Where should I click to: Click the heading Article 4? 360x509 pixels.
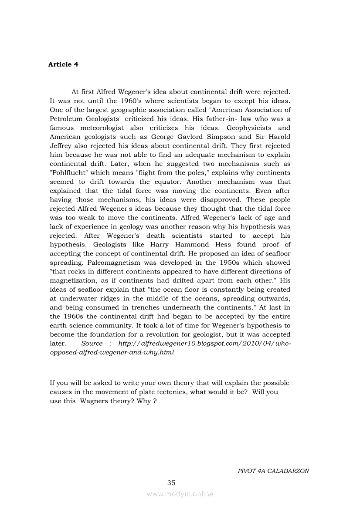(x=63, y=64)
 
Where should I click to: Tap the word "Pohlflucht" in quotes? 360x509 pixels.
(x=70, y=173)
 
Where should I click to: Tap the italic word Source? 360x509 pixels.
(x=92, y=344)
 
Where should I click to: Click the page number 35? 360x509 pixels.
(x=171, y=482)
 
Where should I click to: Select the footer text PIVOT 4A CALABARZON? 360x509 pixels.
(x=273, y=471)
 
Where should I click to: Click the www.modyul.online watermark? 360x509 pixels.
(x=180, y=494)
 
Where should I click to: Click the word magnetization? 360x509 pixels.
(x=74, y=280)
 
